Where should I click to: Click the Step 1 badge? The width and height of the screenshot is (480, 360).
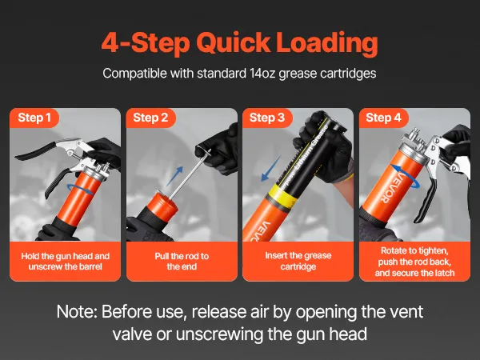[x=34, y=118]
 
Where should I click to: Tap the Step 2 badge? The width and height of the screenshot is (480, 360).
[x=150, y=118]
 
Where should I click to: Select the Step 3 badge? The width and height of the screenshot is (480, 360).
[x=267, y=118]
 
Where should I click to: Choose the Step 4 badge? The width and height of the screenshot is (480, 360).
[x=383, y=118]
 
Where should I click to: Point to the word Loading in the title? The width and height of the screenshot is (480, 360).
[x=327, y=43]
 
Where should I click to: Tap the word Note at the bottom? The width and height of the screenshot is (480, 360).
[x=77, y=312]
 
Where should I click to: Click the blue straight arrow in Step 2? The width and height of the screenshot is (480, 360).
[x=175, y=176]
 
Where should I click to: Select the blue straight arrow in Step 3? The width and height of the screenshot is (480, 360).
[x=270, y=169]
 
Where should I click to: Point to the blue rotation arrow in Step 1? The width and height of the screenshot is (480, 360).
[x=81, y=189]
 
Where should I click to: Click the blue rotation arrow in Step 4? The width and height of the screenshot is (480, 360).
[x=406, y=176]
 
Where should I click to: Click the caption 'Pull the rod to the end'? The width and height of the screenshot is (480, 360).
[x=182, y=261]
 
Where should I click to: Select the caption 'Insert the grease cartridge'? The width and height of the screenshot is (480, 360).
[x=298, y=261]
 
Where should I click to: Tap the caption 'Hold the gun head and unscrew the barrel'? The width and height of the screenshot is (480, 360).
[x=66, y=261]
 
